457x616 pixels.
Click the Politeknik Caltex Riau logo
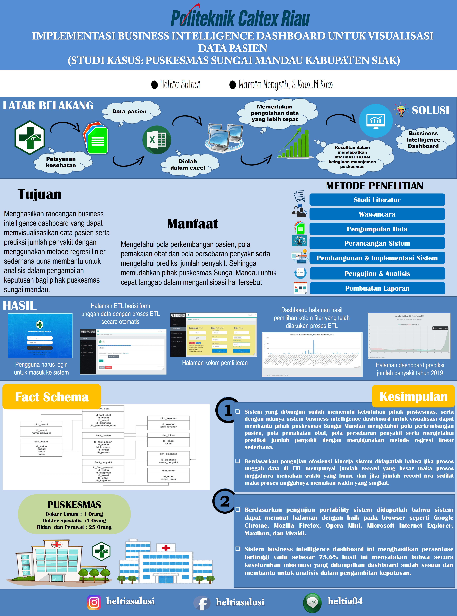pyautogui.click(x=240, y=17)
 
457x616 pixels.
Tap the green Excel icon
pyautogui.click(x=157, y=140)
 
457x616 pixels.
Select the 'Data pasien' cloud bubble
pyautogui.click(x=129, y=112)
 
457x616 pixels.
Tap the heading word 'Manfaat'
pyautogui.click(x=192, y=224)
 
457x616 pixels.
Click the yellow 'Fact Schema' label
pyautogui.click(x=52, y=397)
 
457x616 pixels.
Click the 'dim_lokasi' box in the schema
pyautogui.click(x=168, y=440)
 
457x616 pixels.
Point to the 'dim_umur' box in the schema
pyautogui.click(x=168, y=475)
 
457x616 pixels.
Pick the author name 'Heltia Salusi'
pyautogui.click(x=180, y=84)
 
